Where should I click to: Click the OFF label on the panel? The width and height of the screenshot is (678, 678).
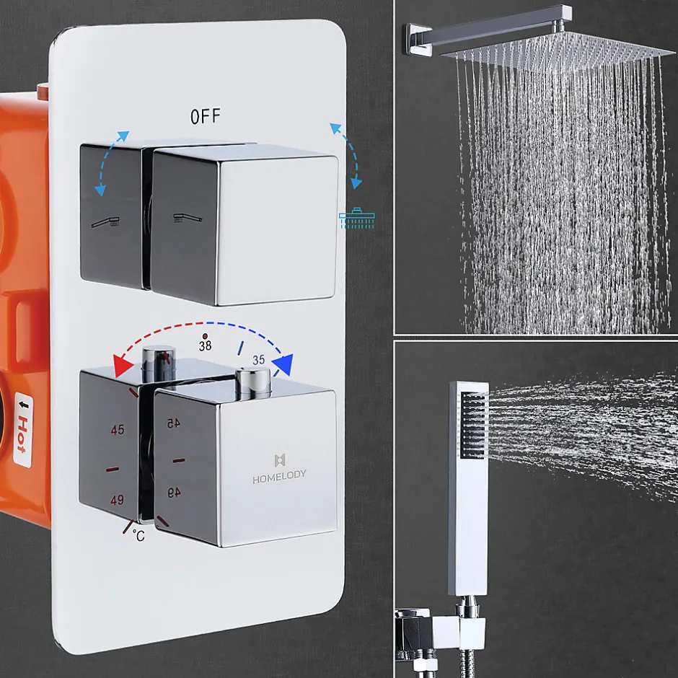[x=206, y=116]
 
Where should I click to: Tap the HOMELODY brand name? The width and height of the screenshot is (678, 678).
[x=279, y=476]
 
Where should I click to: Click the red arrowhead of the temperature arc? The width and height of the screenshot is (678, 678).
[x=123, y=366]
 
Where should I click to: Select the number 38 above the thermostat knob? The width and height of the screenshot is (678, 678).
[x=205, y=345]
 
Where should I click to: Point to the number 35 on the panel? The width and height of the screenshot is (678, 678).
[x=258, y=360]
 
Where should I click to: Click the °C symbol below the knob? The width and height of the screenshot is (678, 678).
[x=138, y=536]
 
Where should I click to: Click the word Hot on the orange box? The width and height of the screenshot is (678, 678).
[x=22, y=434]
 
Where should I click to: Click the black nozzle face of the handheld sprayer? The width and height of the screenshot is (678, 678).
[x=473, y=425]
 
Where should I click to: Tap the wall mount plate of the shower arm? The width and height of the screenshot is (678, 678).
[x=418, y=39]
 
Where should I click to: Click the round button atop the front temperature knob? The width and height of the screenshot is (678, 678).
[x=253, y=382]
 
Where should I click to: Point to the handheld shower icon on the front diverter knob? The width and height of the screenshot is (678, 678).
[x=188, y=218]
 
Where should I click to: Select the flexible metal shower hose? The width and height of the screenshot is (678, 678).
[x=467, y=664]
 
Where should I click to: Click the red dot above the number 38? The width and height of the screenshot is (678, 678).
[x=205, y=335]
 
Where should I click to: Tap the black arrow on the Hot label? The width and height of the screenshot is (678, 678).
[x=25, y=405]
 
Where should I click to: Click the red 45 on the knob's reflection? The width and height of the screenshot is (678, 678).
[x=174, y=423]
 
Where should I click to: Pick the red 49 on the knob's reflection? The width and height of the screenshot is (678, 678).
[x=174, y=493]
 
